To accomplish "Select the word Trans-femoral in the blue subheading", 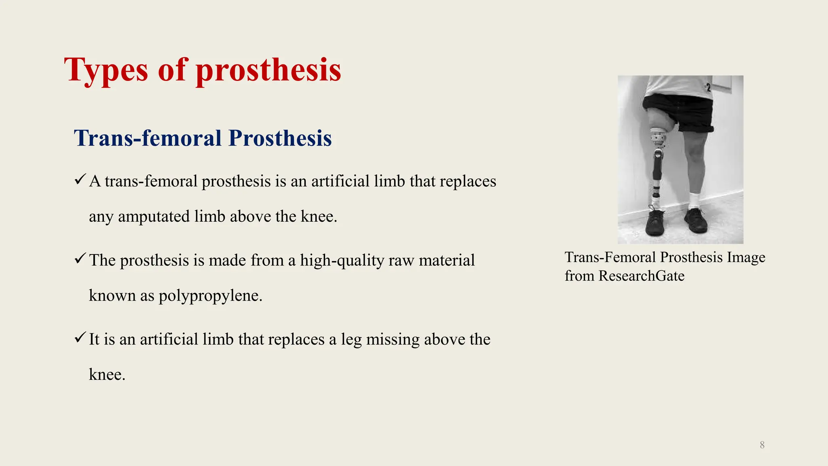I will [x=148, y=138].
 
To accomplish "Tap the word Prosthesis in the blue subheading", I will [x=280, y=138].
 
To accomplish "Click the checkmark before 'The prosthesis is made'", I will [x=80, y=258].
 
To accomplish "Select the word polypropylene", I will [x=210, y=296].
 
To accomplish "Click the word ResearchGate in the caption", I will [x=641, y=276].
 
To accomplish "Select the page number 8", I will [x=762, y=445].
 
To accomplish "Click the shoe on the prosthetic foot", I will [x=655, y=222].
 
